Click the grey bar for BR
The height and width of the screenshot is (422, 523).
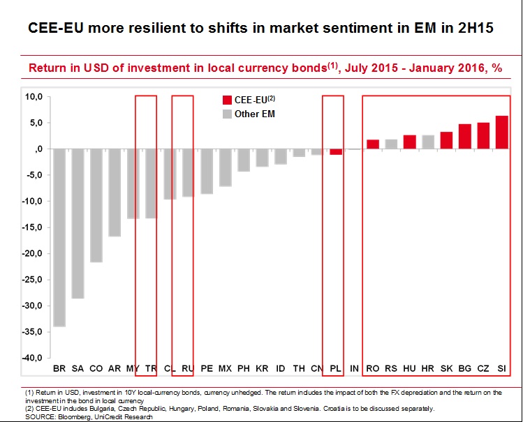click(x=59, y=237)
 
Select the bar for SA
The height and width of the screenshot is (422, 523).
click(x=78, y=223)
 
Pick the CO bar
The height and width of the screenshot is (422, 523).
click(x=96, y=205)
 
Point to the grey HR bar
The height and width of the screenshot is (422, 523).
click(x=428, y=142)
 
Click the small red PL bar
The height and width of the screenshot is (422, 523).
click(x=336, y=151)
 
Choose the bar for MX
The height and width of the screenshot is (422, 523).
click(x=225, y=167)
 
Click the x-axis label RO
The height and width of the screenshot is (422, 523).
click(x=373, y=367)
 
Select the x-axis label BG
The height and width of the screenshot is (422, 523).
click(x=464, y=367)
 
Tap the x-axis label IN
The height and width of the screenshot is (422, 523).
click(x=354, y=367)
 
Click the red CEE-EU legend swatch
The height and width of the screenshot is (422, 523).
click(x=227, y=100)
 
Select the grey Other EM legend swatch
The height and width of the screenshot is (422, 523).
click(x=227, y=114)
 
